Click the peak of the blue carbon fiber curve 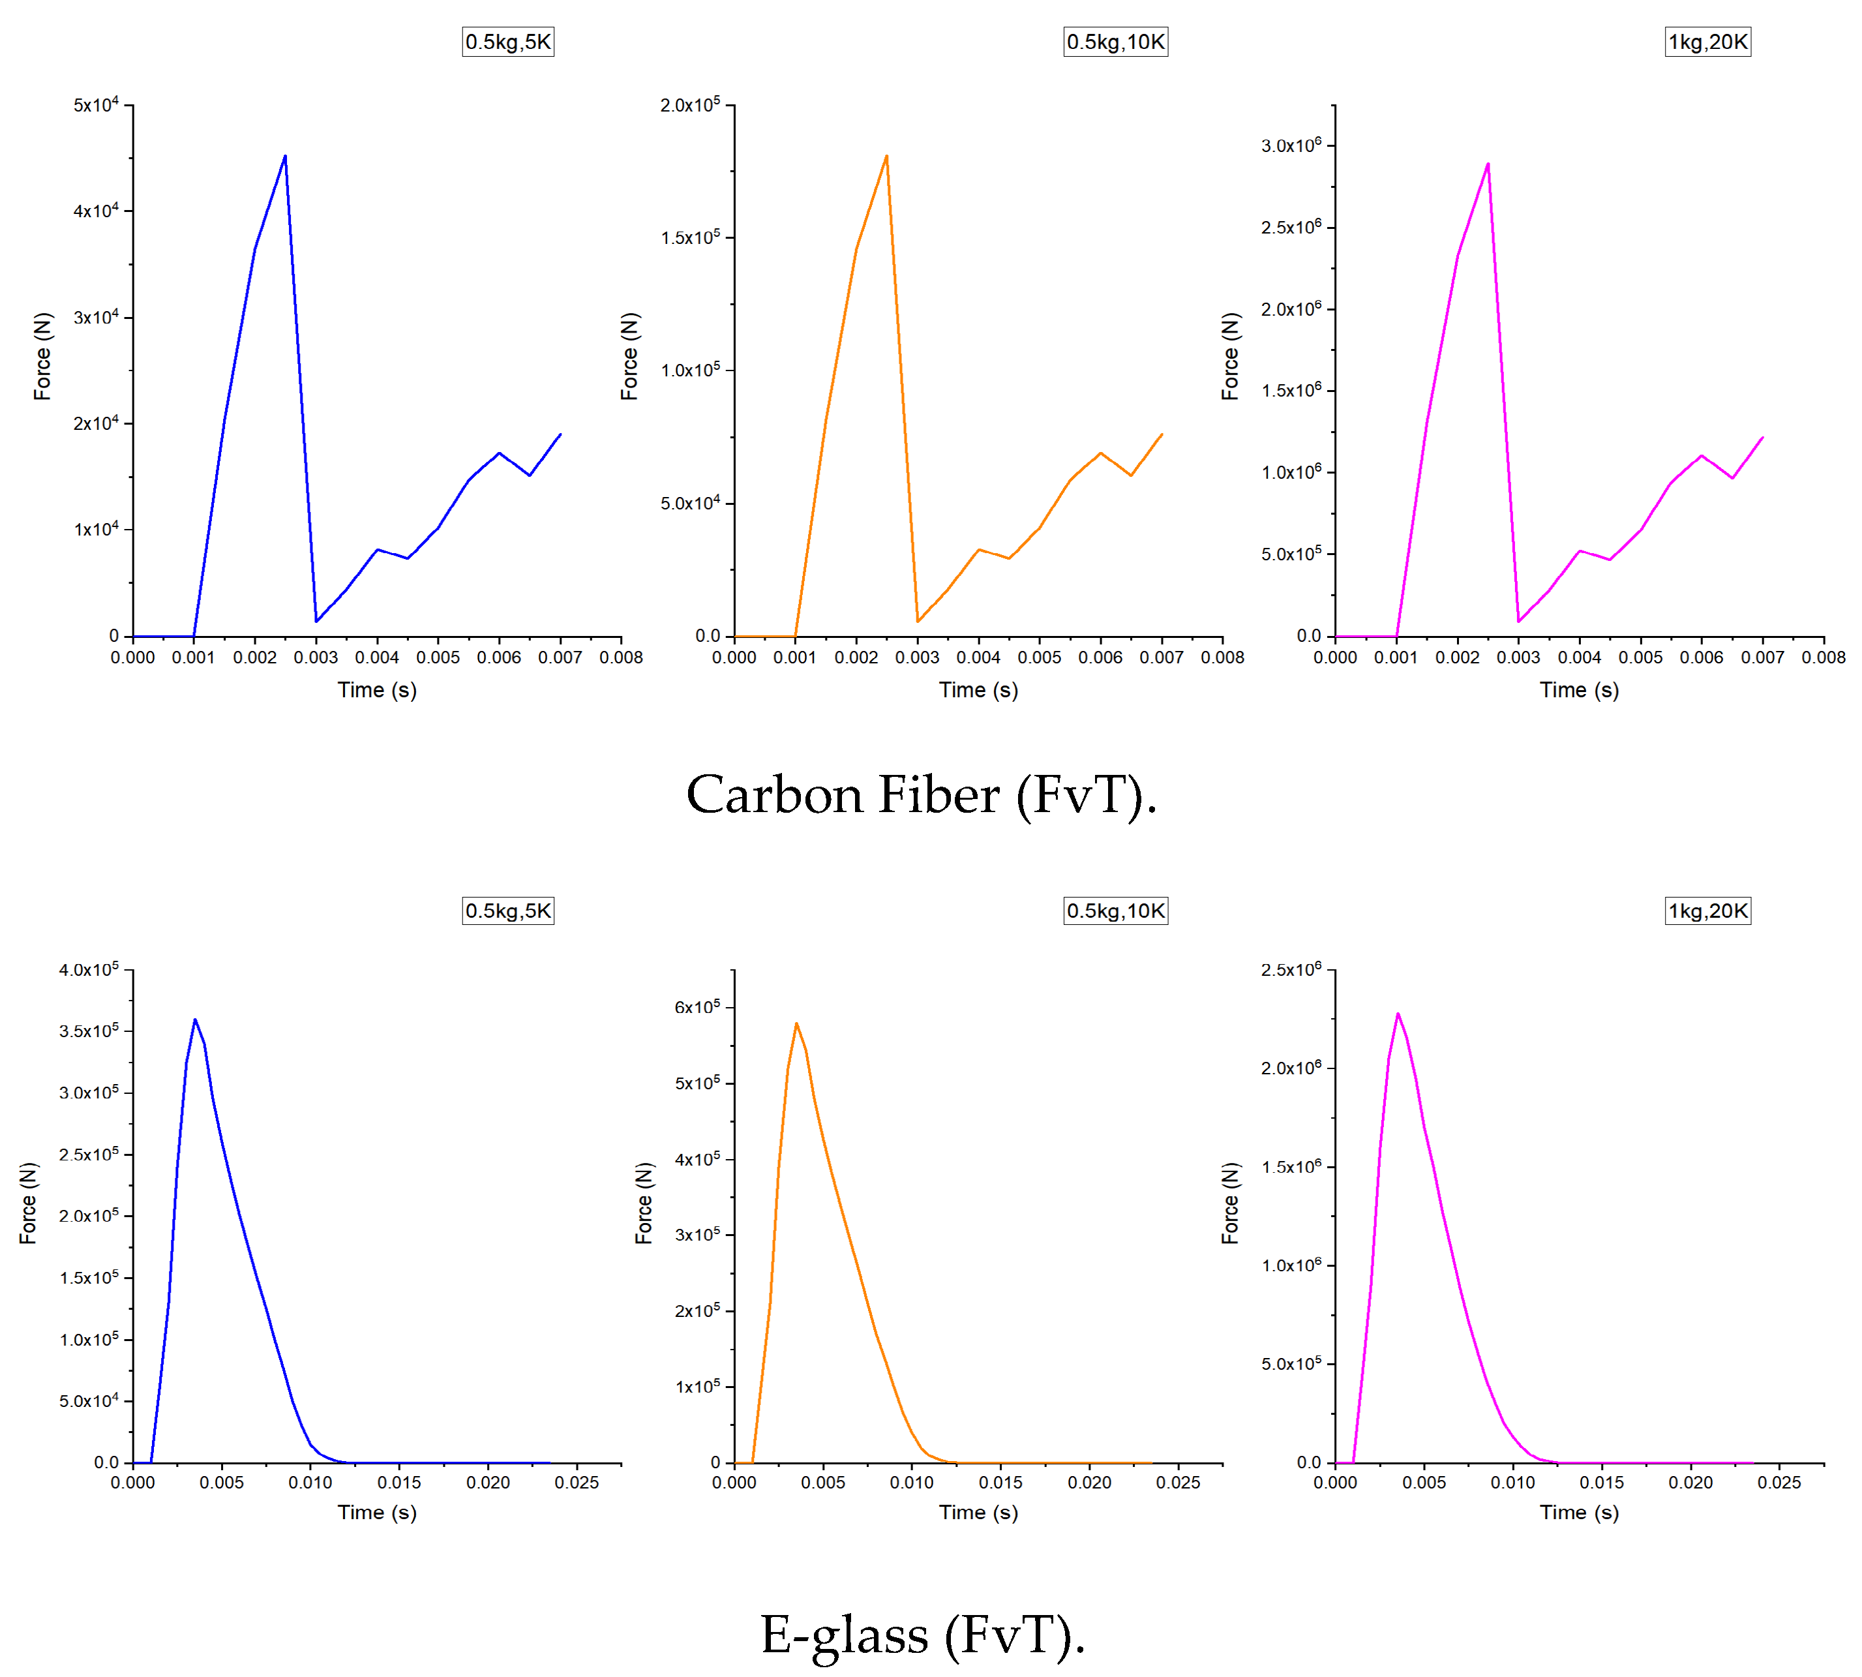[285, 157]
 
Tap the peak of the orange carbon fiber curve [886, 157]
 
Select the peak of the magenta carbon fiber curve [1488, 165]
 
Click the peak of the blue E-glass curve [194, 1020]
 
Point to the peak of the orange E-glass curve [796, 1023]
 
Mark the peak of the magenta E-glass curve [1398, 1014]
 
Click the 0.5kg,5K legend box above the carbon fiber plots [507, 42]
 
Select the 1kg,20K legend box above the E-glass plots [1707, 911]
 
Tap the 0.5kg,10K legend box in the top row [1115, 42]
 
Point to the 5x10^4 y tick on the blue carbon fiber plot [96, 105]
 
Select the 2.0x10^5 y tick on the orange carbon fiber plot [689, 105]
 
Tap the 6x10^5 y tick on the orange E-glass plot [697, 1007]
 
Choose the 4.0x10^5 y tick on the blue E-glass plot [89, 969]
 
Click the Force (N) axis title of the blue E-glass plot [29, 1203]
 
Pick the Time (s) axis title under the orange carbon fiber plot [978, 690]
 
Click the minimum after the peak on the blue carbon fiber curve [316, 621]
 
